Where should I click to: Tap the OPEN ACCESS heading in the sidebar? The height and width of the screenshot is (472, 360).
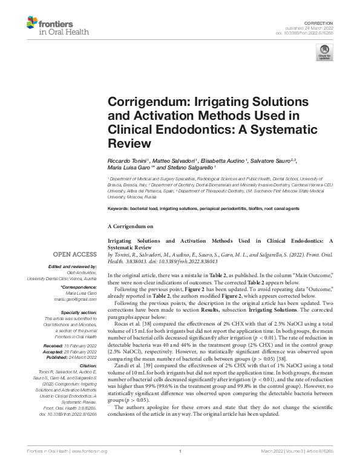(76, 255)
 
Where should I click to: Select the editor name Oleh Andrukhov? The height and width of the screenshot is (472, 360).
(82, 274)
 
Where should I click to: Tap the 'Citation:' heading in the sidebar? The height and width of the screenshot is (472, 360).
(88, 366)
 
